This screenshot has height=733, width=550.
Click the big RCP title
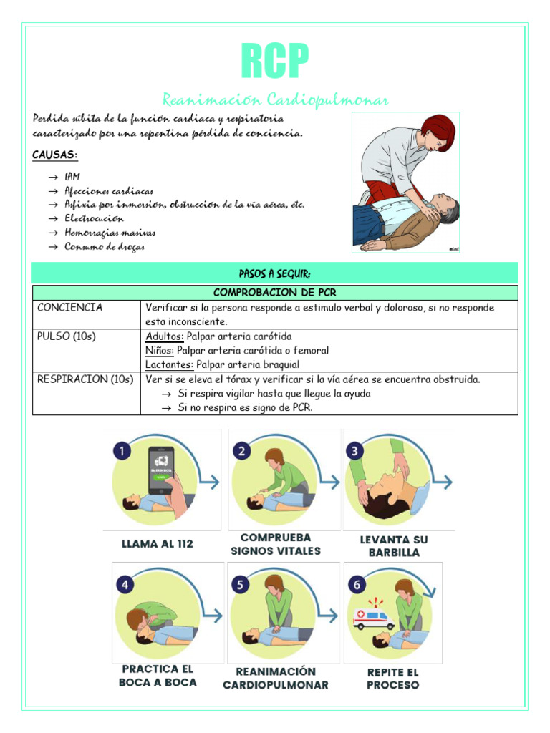[x=274, y=62]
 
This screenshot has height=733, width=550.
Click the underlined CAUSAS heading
[x=55, y=155]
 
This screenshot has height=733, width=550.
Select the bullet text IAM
[x=72, y=177]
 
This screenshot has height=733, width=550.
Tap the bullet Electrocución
[x=94, y=218]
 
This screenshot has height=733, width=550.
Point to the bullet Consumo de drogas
[x=104, y=247]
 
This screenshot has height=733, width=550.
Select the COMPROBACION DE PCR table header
[x=274, y=293]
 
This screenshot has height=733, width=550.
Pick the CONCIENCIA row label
[x=69, y=308]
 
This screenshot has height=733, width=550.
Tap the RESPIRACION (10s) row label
[x=85, y=379]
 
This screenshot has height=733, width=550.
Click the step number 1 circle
[x=123, y=452]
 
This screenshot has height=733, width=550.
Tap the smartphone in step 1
[x=163, y=470]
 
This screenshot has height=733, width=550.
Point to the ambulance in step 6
[x=373, y=618]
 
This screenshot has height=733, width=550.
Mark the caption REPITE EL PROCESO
[x=393, y=679]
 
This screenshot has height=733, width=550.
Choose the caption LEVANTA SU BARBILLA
[x=390, y=545]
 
